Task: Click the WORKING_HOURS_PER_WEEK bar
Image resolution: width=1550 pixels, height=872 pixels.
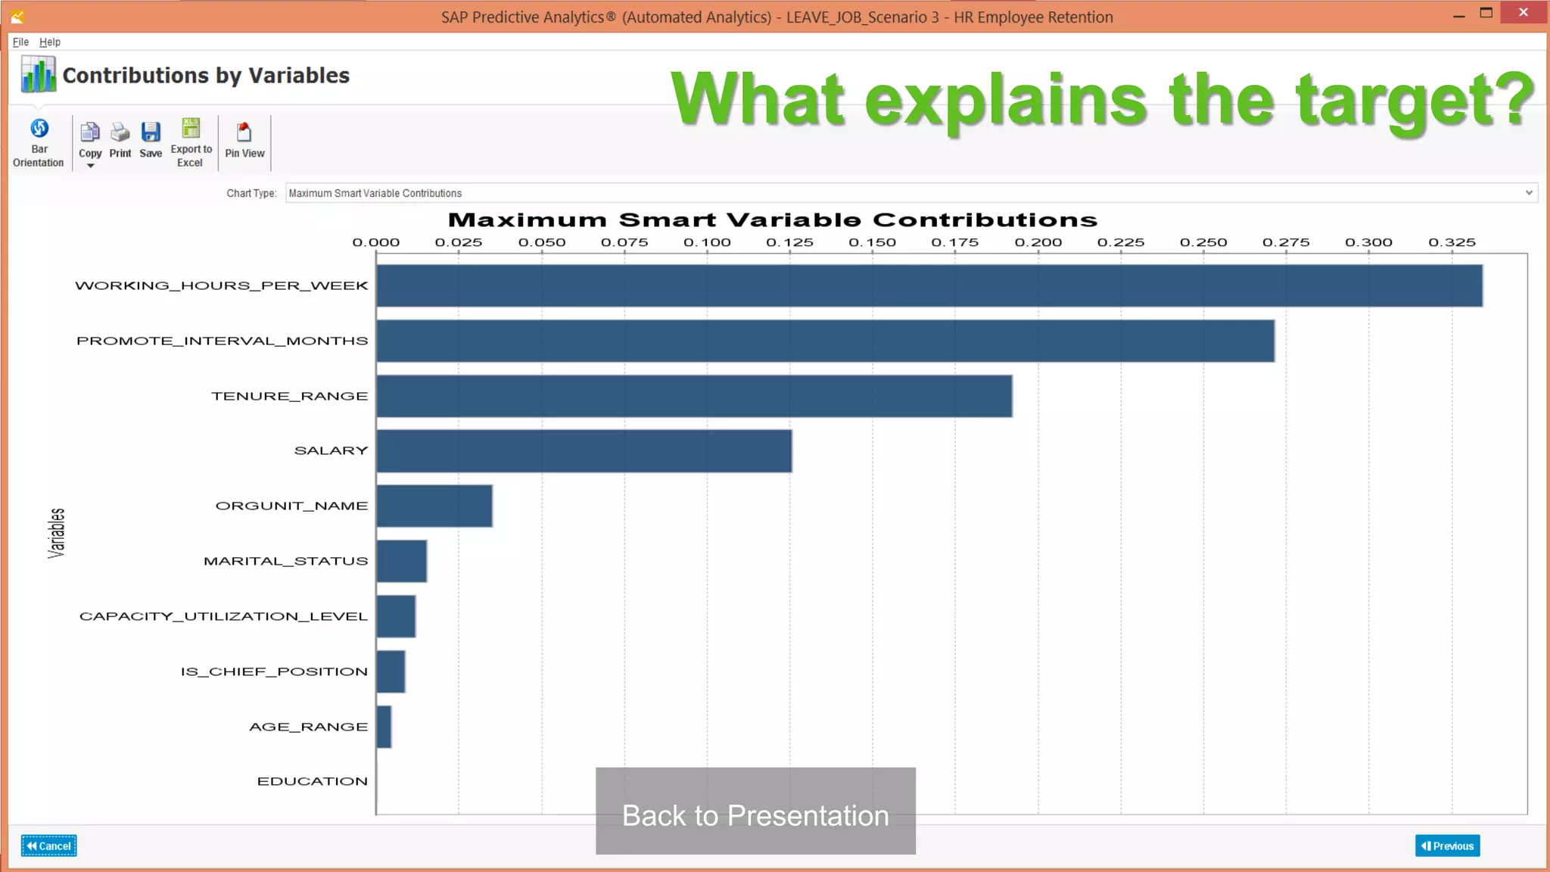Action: pos(929,285)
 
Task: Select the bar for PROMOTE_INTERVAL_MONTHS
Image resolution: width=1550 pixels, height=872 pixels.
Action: pos(825,341)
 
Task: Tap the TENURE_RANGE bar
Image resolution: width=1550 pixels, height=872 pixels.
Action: pos(694,396)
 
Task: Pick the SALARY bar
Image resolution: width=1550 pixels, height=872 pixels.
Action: pos(584,451)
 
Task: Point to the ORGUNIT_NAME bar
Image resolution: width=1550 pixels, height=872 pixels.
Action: pos(434,506)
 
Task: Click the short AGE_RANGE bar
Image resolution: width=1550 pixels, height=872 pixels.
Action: pos(384,727)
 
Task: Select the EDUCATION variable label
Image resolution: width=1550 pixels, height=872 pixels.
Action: pos(312,781)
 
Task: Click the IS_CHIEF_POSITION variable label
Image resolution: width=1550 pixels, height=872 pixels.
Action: pos(274,671)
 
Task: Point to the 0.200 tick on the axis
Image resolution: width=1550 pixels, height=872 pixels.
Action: pos(1038,242)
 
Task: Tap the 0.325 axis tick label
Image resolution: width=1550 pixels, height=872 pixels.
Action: pos(1452,242)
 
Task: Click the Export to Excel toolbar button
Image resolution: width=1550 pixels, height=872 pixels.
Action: pos(191,142)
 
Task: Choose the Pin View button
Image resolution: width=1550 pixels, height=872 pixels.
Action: pos(244,142)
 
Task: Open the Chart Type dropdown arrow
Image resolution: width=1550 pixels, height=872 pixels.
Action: pos(1529,193)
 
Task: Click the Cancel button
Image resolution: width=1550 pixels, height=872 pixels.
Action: pos(49,846)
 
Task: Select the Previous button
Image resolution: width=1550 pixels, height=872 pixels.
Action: pos(1447,846)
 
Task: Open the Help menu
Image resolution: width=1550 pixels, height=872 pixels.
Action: pos(50,42)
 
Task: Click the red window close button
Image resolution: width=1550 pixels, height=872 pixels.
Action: pos(1523,13)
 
